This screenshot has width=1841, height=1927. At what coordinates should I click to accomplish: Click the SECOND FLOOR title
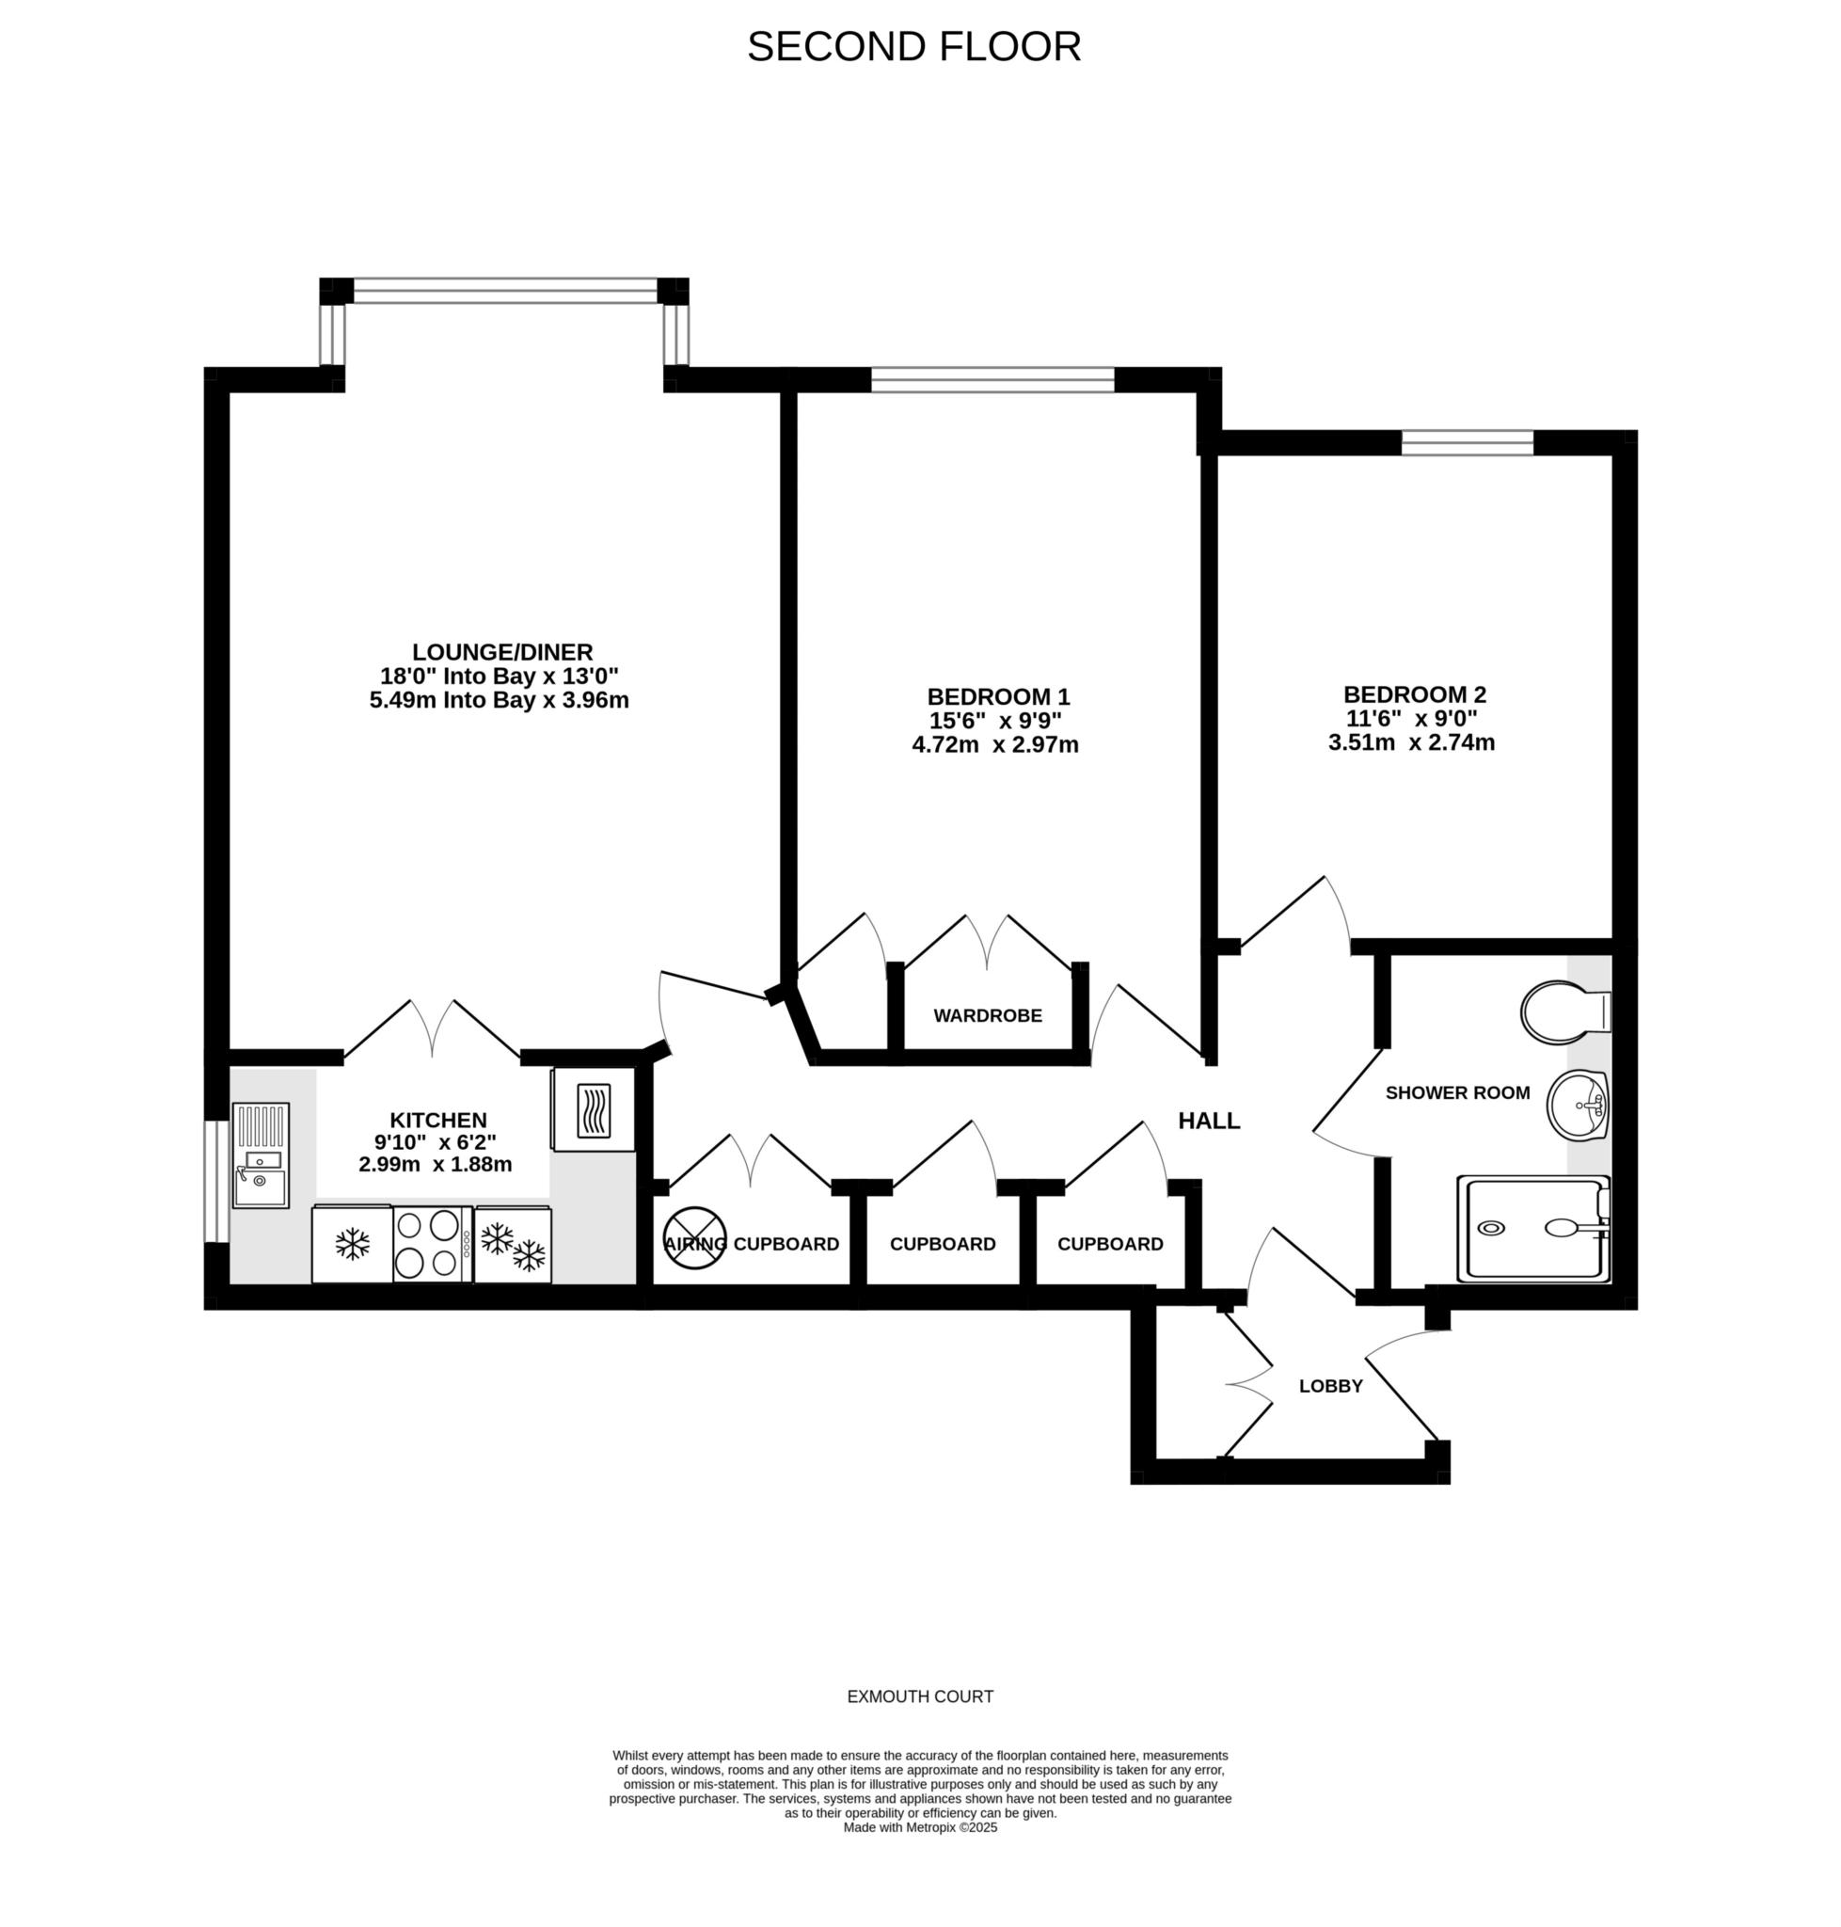(x=913, y=46)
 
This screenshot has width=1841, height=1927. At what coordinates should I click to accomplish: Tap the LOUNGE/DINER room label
(x=501, y=652)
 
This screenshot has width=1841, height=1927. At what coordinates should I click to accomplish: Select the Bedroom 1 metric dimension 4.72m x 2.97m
(x=995, y=745)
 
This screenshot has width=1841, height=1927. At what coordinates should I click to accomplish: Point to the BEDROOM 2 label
(x=1414, y=695)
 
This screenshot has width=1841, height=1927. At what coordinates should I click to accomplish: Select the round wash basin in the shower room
(x=1576, y=1105)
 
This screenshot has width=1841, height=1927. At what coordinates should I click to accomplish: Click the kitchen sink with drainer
(x=261, y=1155)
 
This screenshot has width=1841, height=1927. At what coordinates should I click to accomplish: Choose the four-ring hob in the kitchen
(x=431, y=1244)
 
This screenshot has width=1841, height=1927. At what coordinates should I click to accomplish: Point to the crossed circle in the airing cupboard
(x=695, y=1238)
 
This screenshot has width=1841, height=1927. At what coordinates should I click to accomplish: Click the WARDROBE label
(x=987, y=1016)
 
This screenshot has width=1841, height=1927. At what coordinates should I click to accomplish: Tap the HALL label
(x=1208, y=1120)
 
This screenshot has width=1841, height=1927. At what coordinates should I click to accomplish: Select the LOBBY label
(x=1331, y=1386)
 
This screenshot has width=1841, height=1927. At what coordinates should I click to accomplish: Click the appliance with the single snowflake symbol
(x=353, y=1244)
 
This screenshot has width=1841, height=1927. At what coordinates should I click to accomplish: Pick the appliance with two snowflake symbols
(x=514, y=1245)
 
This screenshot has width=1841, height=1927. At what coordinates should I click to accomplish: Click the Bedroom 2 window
(x=1467, y=444)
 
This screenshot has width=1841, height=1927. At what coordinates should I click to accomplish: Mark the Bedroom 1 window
(x=992, y=379)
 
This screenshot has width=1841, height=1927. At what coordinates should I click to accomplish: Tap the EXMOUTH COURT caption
(x=919, y=1696)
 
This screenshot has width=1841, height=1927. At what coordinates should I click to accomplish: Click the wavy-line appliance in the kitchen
(x=593, y=1110)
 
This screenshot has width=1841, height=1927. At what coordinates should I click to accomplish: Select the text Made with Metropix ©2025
(x=919, y=1827)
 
